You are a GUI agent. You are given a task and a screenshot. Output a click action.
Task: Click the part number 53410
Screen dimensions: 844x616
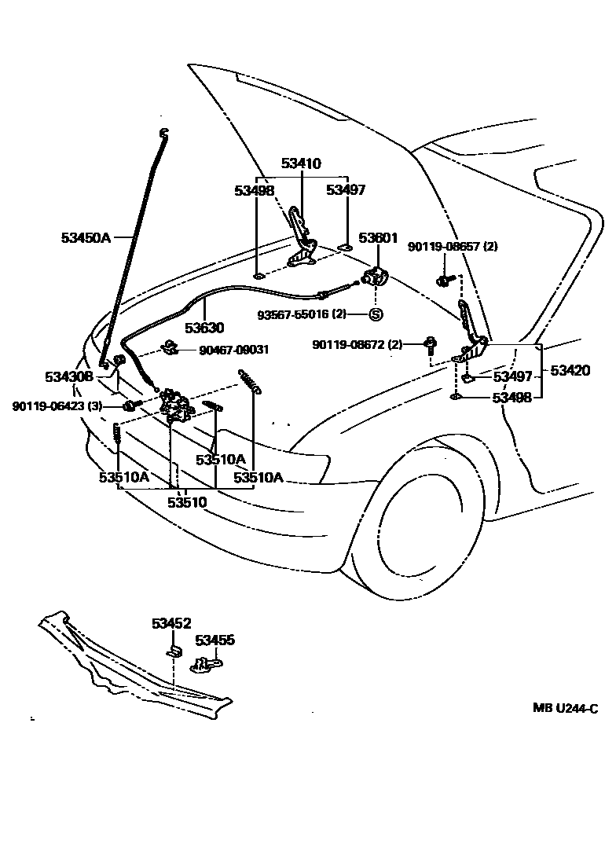coord(301,164)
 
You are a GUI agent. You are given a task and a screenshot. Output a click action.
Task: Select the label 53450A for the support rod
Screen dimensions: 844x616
coord(86,237)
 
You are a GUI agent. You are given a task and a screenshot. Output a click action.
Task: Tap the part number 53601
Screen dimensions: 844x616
coord(379,237)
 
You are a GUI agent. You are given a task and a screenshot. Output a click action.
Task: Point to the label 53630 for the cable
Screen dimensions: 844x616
coord(204,328)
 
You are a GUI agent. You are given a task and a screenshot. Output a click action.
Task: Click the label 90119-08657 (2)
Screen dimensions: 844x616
coord(453,247)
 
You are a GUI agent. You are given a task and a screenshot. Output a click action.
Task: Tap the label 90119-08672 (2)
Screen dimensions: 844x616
coord(357,344)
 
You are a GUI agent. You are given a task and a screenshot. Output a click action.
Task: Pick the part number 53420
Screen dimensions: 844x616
coord(570,370)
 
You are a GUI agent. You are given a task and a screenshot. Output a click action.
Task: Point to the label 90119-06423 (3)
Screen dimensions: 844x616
coord(57,405)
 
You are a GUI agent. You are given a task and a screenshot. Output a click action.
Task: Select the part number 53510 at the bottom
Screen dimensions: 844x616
coord(187,501)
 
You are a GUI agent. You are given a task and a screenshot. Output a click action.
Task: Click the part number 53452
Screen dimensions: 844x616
coord(171,623)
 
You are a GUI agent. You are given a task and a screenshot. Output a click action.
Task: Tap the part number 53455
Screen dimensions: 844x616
coord(215,640)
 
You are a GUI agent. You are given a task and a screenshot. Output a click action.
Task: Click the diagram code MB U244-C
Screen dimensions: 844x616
coord(566,708)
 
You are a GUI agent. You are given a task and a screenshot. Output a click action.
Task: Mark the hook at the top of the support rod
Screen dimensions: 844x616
coord(164,132)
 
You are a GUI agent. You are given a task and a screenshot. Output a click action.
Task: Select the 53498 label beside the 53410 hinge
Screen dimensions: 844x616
coord(254,190)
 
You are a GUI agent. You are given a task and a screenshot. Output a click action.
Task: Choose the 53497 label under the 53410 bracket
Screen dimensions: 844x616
coord(346,190)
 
